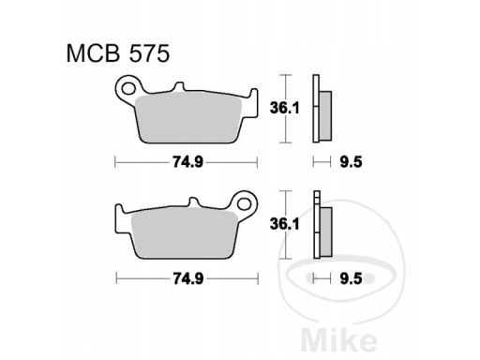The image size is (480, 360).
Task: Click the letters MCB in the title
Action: (86, 53)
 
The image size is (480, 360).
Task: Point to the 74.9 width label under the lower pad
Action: (185, 277)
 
